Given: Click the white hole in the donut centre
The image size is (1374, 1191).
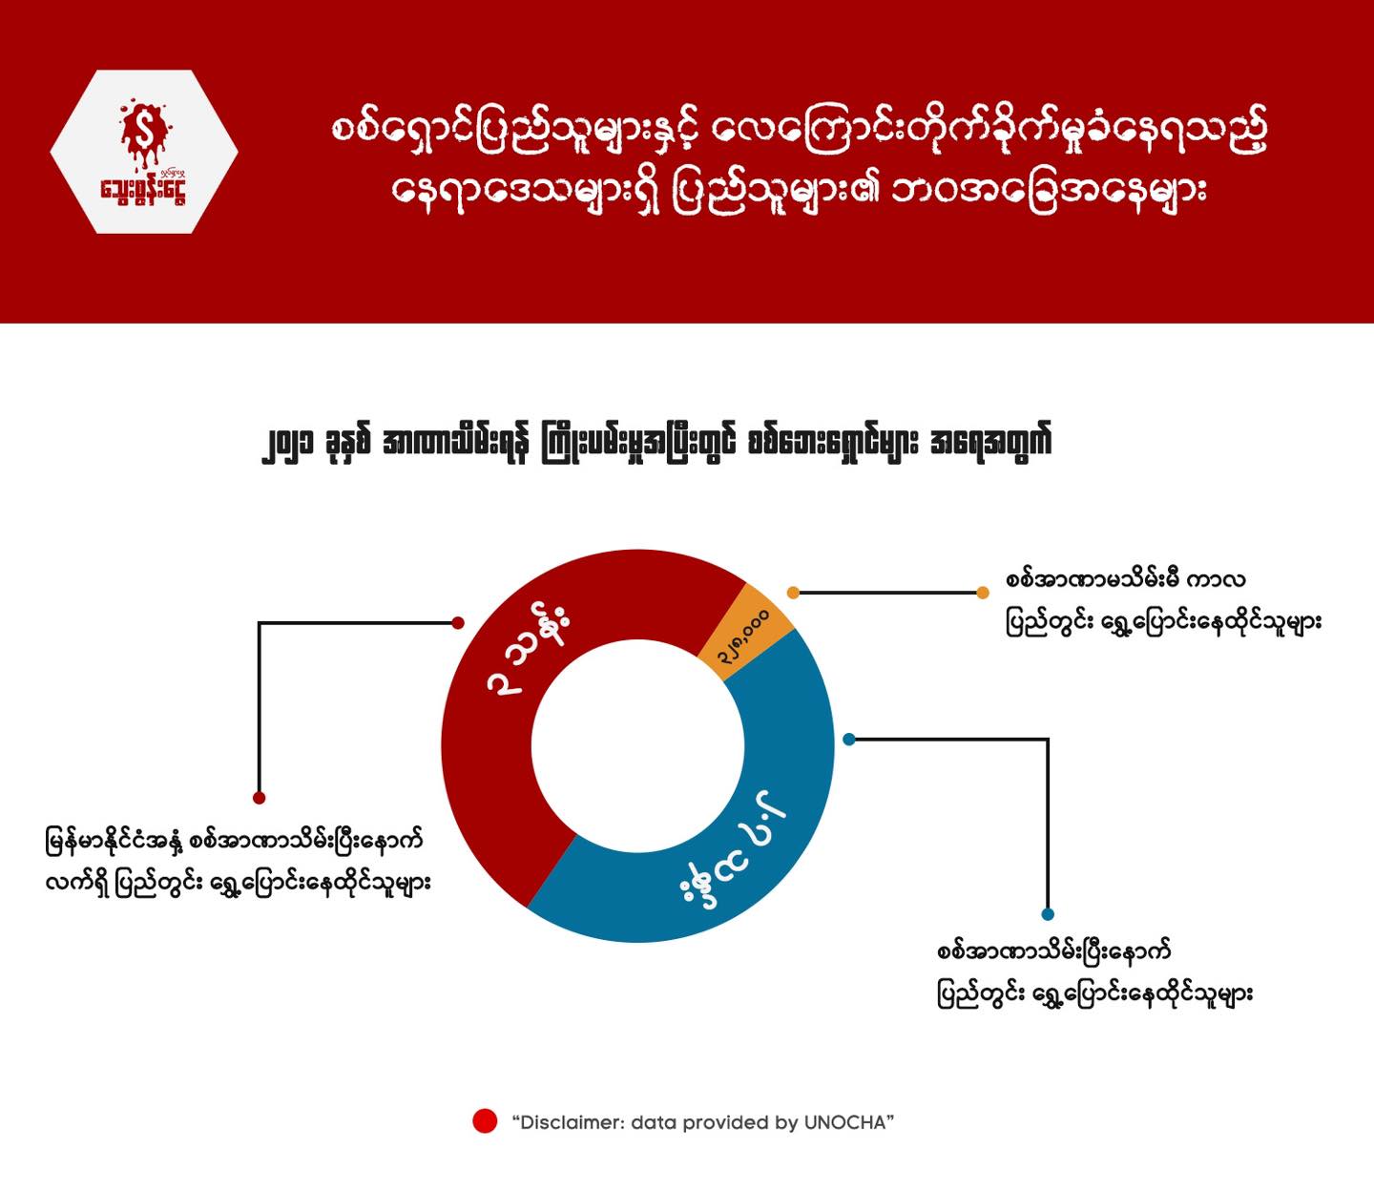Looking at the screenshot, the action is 637,746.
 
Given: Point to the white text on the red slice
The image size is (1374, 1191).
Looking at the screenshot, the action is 528,654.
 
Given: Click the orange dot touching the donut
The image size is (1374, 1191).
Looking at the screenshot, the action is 793,593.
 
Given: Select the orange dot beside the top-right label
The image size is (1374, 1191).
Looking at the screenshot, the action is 983,593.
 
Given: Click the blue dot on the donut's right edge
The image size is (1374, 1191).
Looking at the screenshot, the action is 849,739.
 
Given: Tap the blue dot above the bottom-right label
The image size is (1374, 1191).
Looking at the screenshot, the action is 1048,914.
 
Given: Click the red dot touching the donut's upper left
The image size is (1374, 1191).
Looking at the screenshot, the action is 457,623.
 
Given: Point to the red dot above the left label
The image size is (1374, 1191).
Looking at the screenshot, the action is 260,798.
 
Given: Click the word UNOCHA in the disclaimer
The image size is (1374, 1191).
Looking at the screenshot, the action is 844,1122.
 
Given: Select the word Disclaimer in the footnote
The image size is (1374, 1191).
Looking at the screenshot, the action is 569,1122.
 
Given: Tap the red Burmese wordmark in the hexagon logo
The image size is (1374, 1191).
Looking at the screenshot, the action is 143,191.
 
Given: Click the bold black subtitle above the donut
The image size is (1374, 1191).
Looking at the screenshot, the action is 656,442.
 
